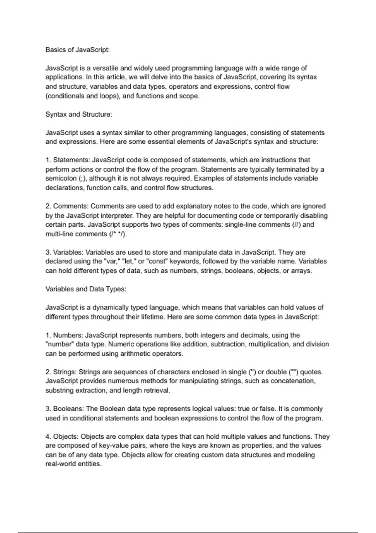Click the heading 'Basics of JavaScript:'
[78, 50]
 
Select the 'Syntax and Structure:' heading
[79, 114]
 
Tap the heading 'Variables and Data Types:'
[86, 289]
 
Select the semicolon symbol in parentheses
[82, 178]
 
